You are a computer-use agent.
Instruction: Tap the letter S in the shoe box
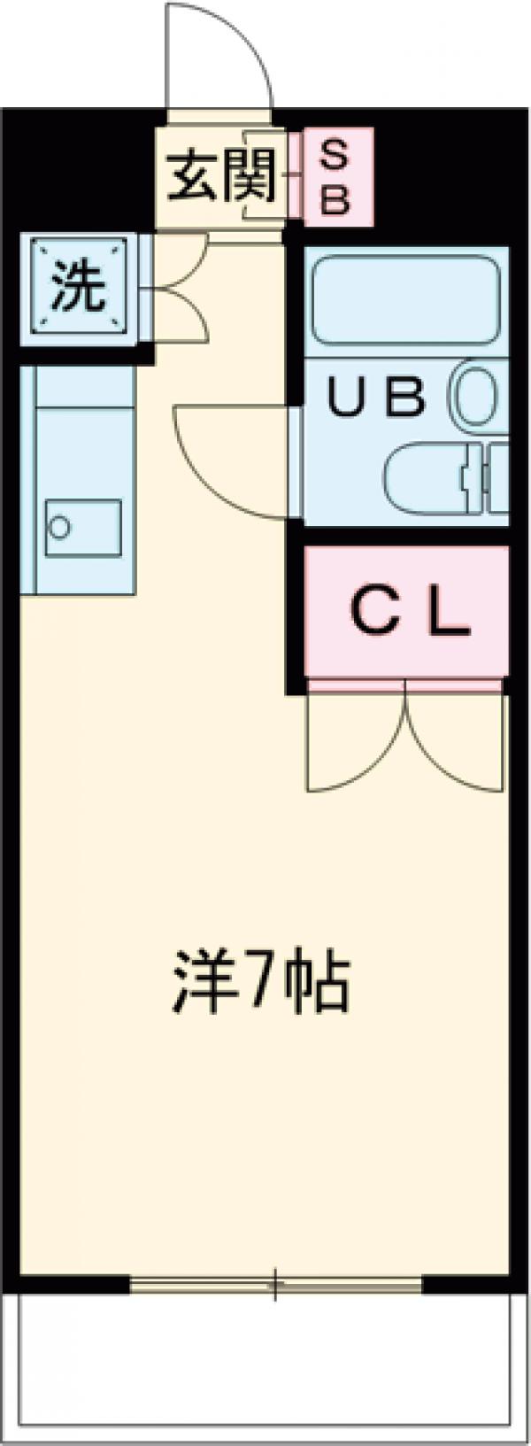(x=335, y=157)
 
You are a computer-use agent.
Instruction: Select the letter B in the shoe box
(x=335, y=199)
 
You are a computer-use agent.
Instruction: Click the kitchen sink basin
(x=82, y=528)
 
